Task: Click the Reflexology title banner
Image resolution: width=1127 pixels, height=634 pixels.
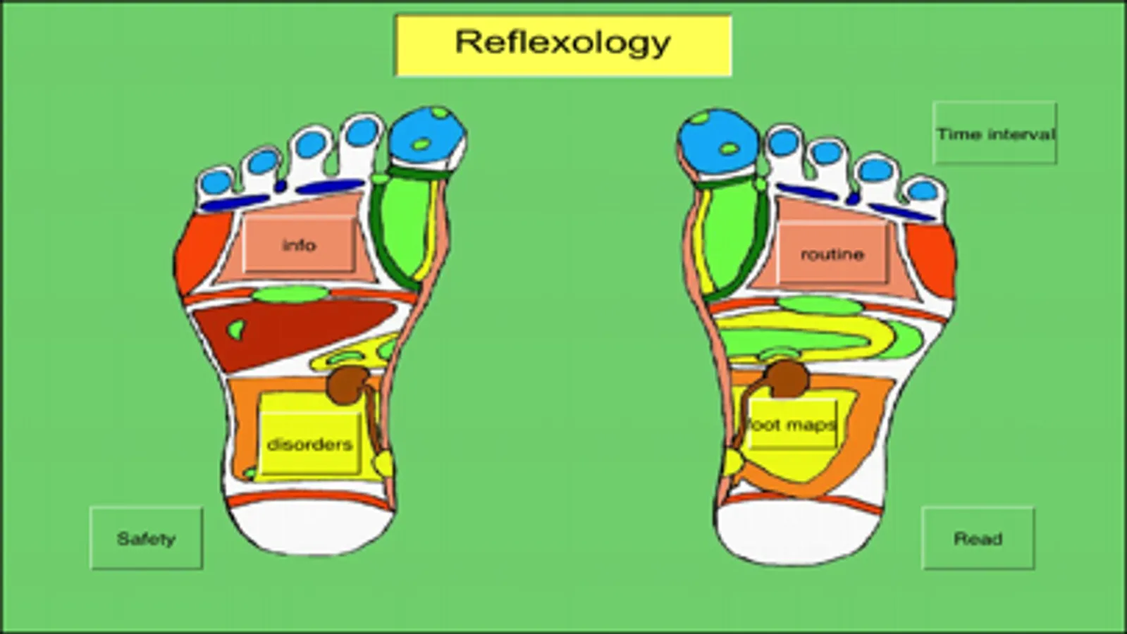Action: [564, 45]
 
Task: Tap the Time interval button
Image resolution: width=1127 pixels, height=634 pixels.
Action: [994, 133]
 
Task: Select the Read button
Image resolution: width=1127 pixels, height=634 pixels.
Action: [978, 538]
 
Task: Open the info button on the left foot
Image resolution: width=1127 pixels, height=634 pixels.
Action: [299, 245]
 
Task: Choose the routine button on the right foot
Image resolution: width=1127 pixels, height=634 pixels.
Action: [832, 254]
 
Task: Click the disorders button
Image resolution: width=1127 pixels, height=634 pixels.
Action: [309, 444]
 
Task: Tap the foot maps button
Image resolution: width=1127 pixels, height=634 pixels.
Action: [792, 425]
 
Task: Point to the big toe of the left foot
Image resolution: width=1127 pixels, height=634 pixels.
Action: [428, 137]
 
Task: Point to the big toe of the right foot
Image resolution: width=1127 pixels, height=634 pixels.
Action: [718, 142]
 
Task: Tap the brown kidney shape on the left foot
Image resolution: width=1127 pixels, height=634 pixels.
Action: [348, 385]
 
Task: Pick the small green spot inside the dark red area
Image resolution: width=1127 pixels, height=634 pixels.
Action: [237, 329]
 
